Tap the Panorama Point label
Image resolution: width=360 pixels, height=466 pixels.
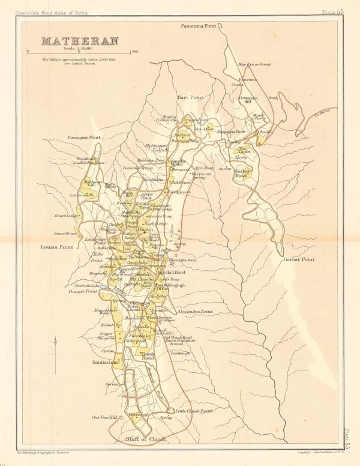pos(202,27)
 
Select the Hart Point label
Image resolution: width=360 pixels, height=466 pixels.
pos(190,96)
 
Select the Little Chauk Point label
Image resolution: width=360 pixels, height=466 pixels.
pos(194,411)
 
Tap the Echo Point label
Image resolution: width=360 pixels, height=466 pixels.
pos(97,258)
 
